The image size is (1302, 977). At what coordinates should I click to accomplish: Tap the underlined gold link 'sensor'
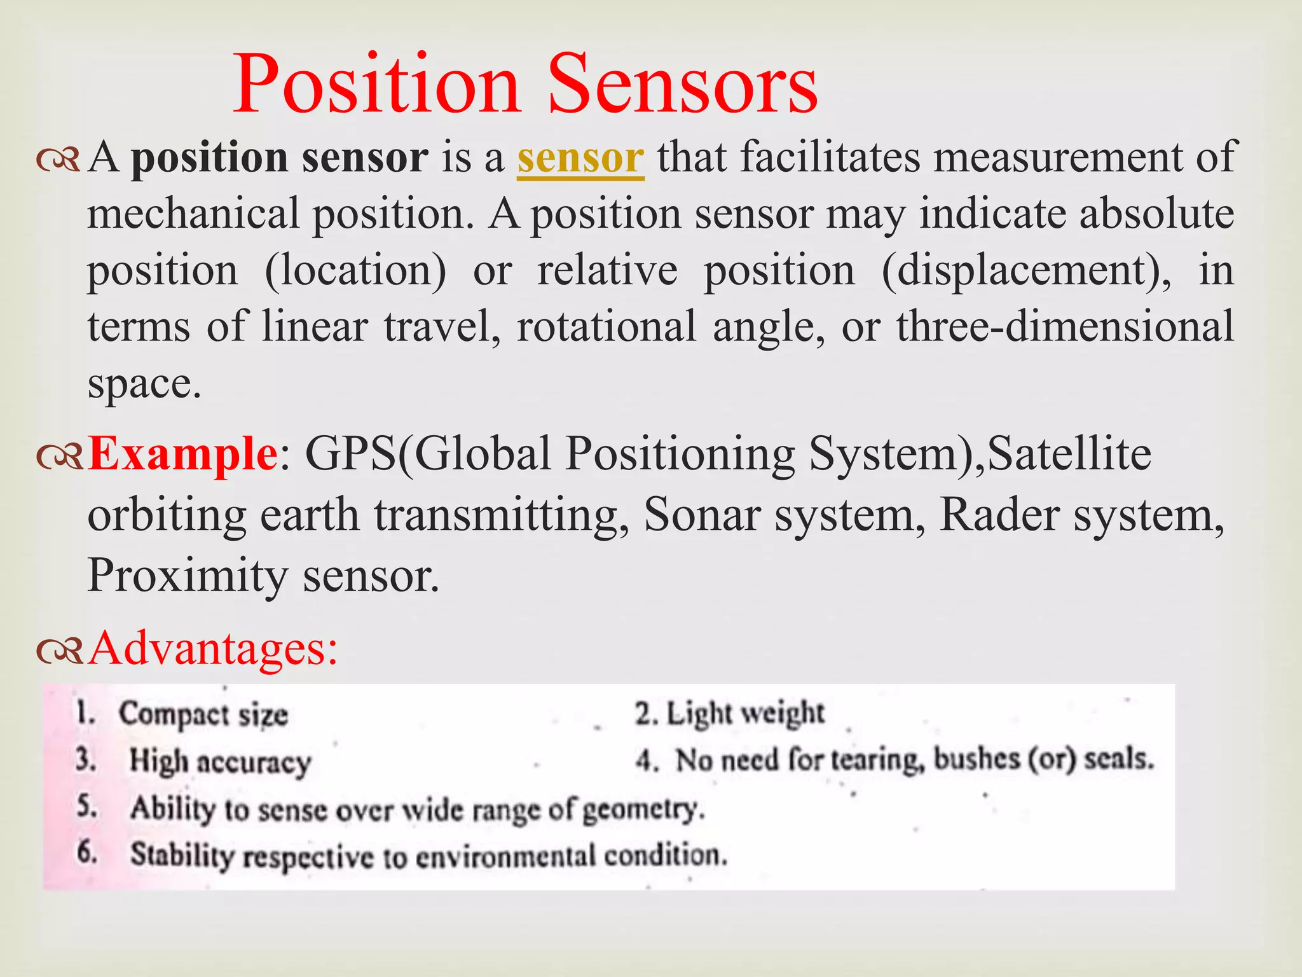point(580,158)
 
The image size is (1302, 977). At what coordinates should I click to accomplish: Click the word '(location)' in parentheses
point(355,271)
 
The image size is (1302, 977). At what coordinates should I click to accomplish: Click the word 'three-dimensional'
point(1065,326)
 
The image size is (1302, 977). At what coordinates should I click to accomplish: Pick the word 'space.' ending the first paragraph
point(144,384)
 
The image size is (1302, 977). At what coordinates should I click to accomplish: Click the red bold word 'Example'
point(182,454)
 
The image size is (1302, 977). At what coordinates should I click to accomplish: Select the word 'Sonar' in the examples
point(701,514)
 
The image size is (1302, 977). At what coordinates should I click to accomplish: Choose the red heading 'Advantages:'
point(213,648)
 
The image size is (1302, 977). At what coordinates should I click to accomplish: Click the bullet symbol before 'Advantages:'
point(59,651)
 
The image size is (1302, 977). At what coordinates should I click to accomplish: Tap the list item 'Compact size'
point(203,714)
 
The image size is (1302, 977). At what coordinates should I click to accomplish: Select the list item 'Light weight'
point(744,713)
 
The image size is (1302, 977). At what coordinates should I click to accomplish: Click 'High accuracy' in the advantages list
point(220,761)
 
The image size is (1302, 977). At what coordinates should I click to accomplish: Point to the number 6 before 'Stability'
point(86,852)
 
